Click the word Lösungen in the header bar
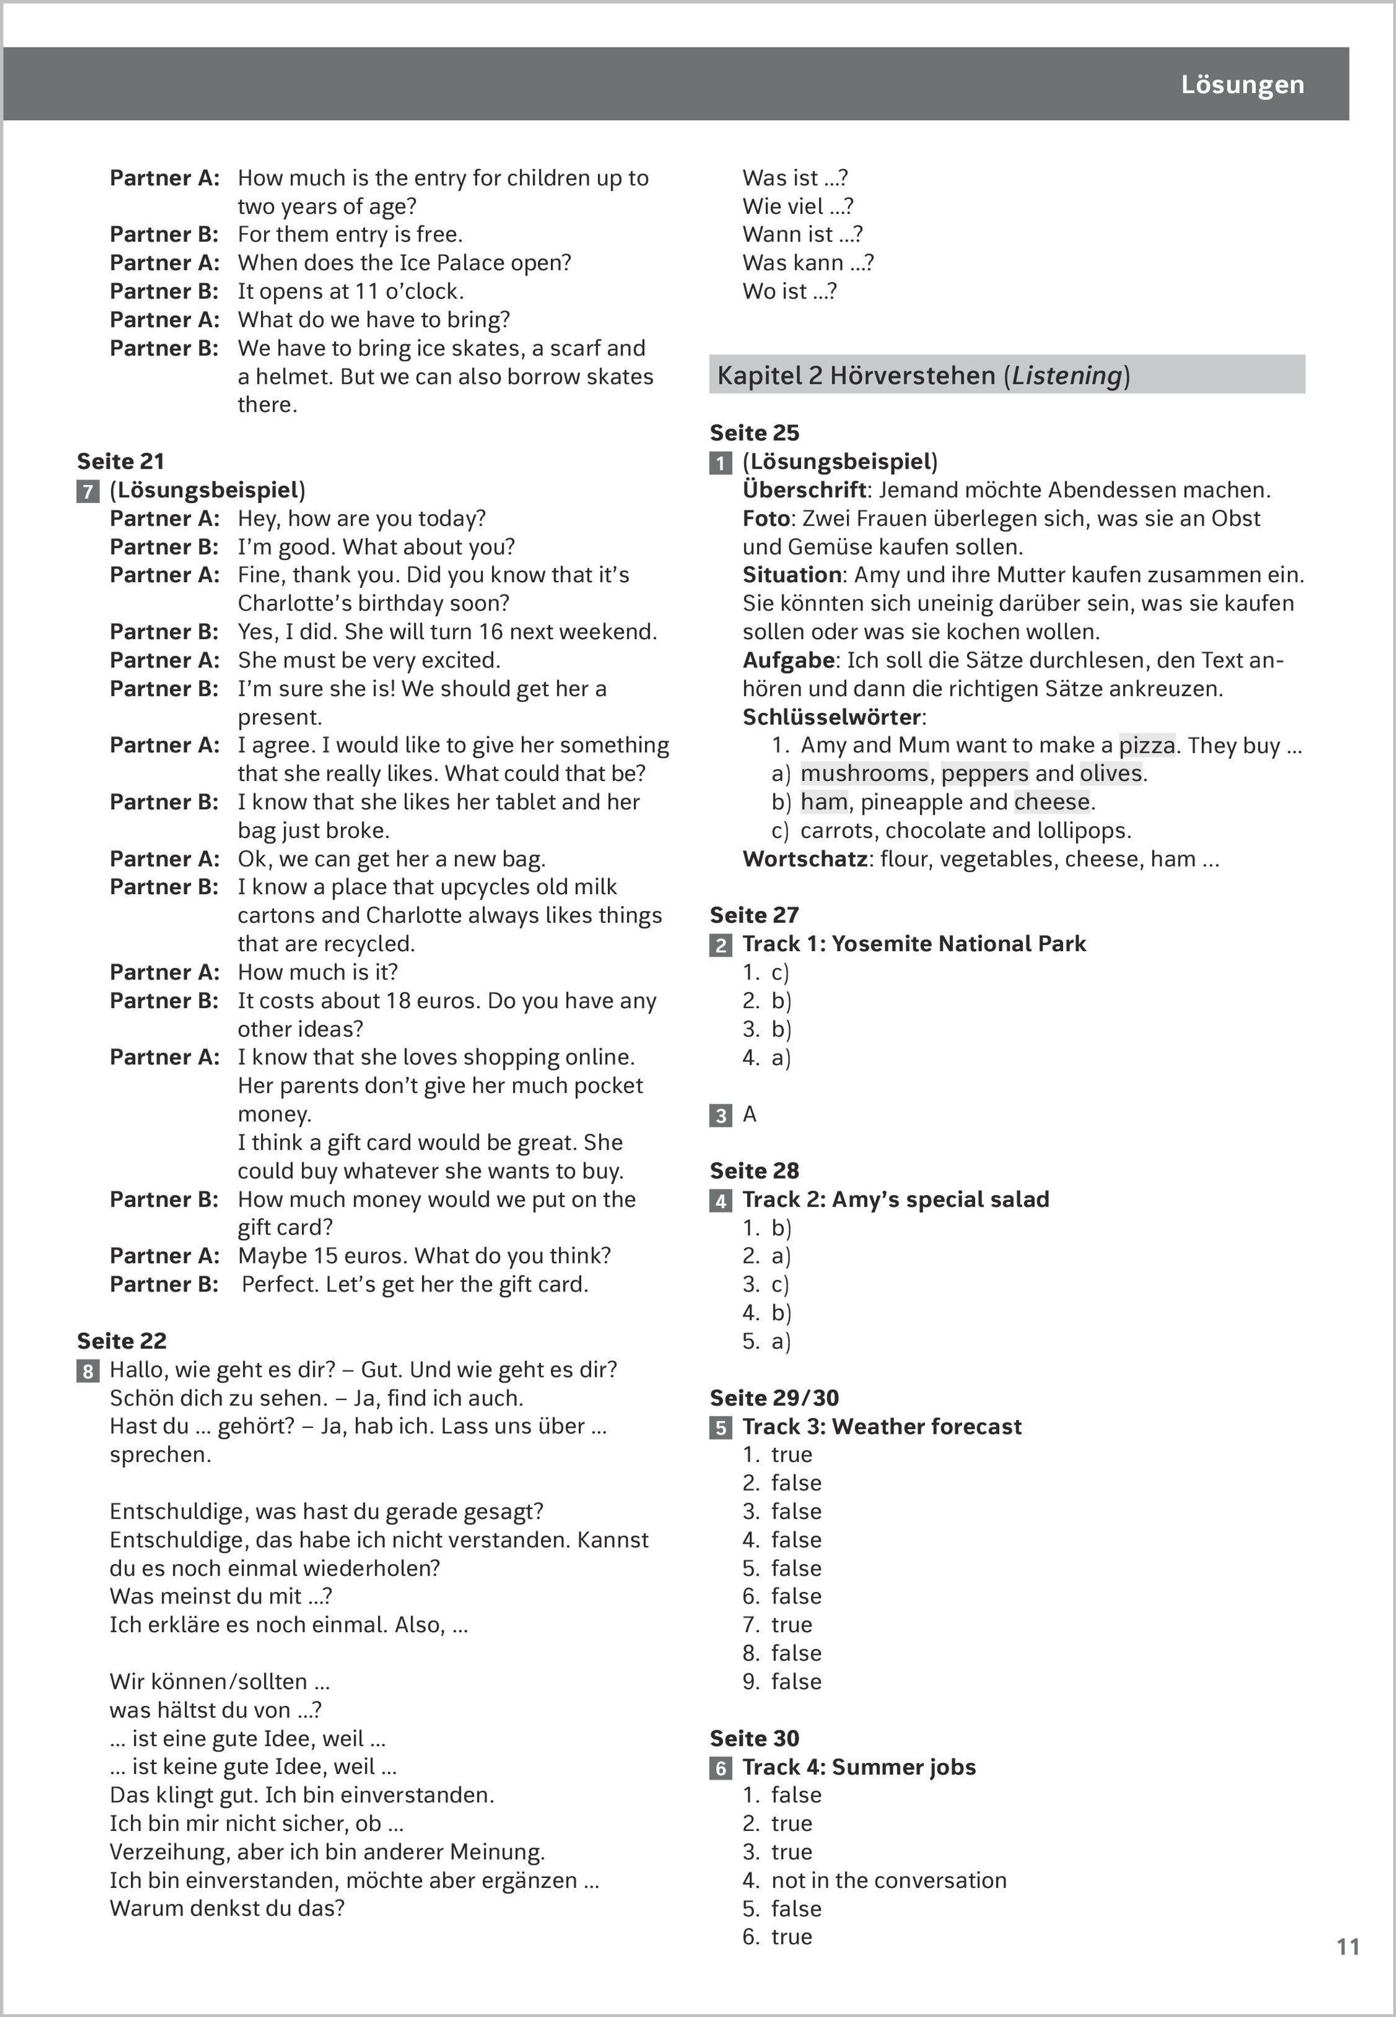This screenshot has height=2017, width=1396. point(1242,85)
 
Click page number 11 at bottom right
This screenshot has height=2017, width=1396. point(1348,1946)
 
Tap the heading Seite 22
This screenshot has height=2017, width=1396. point(122,1340)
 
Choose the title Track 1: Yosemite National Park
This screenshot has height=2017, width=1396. point(914,943)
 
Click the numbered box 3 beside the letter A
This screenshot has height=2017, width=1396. point(721,1115)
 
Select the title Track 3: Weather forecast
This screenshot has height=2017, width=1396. point(882,1426)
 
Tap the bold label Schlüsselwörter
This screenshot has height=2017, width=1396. point(833,717)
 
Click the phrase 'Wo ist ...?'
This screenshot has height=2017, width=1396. point(789,291)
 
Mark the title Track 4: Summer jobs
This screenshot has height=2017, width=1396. point(859,1767)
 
